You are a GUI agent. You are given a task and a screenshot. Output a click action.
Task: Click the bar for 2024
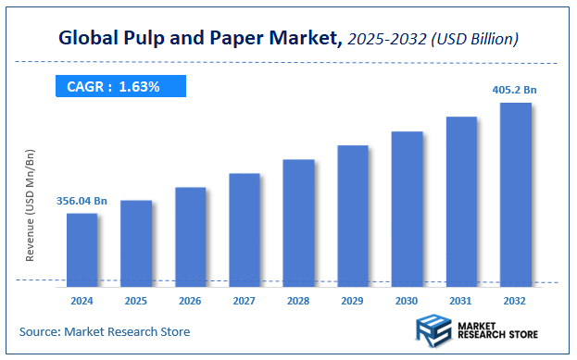tap(82, 247)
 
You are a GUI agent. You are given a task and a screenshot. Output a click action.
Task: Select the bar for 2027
tap(245, 228)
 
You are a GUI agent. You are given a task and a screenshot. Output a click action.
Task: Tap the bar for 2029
tap(353, 214)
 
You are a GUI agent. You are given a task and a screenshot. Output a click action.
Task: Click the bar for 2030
tap(407, 206)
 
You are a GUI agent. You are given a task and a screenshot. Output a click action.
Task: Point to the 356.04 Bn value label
tap(82, 200)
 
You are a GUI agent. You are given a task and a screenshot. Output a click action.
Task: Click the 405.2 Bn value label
tap(514, 90)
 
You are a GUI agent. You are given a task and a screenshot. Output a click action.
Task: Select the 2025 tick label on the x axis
tap(136, 301)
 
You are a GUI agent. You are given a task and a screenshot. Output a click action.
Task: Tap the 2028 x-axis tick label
tap(298, 301)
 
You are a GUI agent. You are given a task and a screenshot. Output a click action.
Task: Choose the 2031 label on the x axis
tap(461, 301)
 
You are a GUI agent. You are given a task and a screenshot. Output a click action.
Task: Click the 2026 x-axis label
tap(190, 301)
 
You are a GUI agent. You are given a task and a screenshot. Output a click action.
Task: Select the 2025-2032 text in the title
tap(389, 40)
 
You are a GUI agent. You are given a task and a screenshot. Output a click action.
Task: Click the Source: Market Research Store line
tap(105, 331)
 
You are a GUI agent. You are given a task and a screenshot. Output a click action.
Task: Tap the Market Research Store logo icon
tap(431, 329)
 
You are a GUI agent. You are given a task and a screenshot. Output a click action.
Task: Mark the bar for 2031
tap(461, 200)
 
